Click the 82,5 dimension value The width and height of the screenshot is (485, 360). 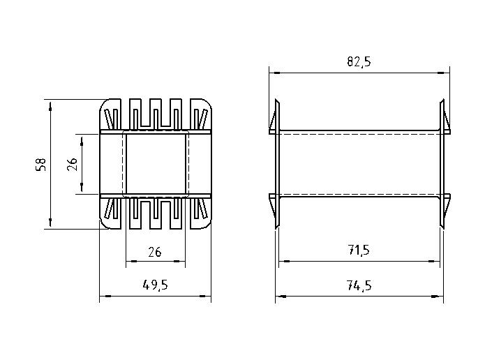[359, 61]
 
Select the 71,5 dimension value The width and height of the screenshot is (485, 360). [359, 250]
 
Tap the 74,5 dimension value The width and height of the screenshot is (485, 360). [359, 285]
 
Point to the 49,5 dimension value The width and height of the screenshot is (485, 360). [156, 285]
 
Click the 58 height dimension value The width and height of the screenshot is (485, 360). [41, 164]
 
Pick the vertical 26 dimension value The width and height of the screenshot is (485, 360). [72, 164]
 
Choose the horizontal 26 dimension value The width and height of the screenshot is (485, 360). [155, 252]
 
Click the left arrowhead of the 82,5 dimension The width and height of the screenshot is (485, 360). [275, 73]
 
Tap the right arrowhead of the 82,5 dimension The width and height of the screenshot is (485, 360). [444, 73]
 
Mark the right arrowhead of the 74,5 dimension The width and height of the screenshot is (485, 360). [437, 297]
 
